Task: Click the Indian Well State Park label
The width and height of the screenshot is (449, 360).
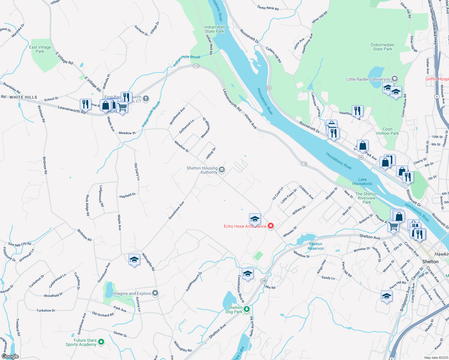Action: click(x=215, y=29)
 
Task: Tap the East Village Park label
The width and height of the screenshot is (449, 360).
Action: click(x=40, y=49)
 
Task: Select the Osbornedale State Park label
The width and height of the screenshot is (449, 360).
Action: click(x=382, y=47)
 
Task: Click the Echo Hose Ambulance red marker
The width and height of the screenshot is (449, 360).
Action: click(x=271, y=226)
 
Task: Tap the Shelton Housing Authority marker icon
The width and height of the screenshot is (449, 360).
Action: click(x=222, y=170)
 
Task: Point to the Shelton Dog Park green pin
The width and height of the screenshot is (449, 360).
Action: click(x=247, y=309)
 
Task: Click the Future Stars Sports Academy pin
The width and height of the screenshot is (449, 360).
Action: click(x=101, y=342)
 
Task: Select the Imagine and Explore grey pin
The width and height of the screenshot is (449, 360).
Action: click(x=155, y=293)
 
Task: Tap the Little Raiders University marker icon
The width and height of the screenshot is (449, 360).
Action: click(x=395, y=79)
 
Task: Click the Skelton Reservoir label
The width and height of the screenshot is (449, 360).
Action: click(x=316, y=246)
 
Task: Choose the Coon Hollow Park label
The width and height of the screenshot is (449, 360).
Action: click(x=387, y=131)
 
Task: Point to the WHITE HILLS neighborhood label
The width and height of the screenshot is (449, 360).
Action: click(x=23, y=97)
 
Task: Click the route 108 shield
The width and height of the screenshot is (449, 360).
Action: click(x=263, y=281)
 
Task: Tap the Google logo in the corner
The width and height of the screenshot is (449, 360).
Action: click(x=10, y=356)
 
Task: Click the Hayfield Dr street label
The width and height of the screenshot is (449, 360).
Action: click(x=128, y=196)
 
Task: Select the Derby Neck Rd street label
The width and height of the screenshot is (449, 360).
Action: click(x=268, y=8)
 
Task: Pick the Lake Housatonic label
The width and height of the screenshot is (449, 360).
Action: click(x=362, y=181)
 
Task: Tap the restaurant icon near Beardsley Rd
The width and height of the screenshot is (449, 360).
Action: click(x=86, y=104)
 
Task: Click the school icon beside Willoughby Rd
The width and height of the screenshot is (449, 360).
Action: click(x=134, y=259)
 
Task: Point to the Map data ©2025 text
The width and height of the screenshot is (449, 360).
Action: click(x=436, y=358)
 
